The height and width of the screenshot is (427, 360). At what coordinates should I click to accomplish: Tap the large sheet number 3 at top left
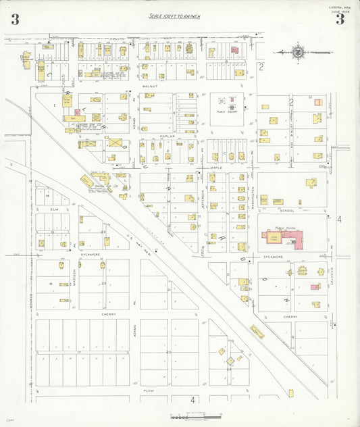(x=15, y=19)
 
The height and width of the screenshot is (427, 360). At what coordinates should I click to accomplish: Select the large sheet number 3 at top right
(x=340, y=19)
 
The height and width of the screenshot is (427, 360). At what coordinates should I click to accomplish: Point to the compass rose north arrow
(x=298, y=51)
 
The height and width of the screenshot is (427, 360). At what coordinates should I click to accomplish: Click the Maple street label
(x=215, y=167)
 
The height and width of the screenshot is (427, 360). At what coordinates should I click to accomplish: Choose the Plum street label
(x=149, y=391)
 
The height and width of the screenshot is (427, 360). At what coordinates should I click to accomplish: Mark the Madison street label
(x=74, y=277)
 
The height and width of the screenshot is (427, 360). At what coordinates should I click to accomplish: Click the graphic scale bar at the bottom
(x=196, y=416)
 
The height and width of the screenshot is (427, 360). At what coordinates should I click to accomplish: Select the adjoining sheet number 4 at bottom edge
(x=192, y=400)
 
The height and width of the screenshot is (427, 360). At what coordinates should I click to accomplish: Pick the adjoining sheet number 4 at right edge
(x=340, y=220)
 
